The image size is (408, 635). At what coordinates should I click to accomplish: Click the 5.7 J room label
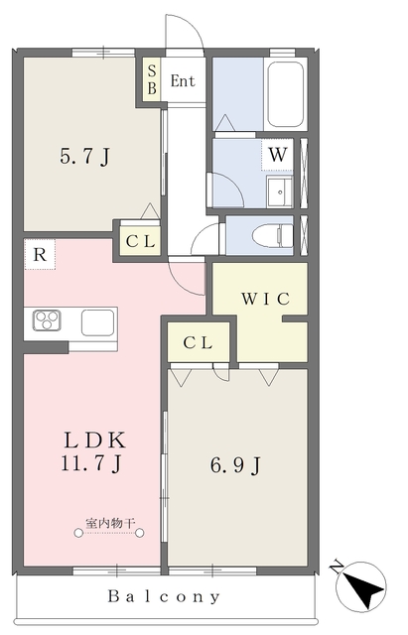[x=85, y=157]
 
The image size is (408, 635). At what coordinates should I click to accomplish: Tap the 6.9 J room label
[x=235, y=465]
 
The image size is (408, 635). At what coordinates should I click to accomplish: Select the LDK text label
[x=95, y=441]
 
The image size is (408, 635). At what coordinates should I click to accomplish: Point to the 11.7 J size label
[x=91, y=463]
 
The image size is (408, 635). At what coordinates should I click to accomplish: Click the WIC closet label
[x=266, y=299]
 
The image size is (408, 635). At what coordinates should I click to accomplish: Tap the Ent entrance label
[x=183, y=81]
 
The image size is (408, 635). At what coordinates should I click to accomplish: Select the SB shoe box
[x=152, y=79]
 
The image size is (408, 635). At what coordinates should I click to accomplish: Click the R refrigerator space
[x=40, y=254]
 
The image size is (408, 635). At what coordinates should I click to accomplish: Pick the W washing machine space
[x=278, y=155]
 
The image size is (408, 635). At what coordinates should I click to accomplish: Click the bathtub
[x=286, y=94]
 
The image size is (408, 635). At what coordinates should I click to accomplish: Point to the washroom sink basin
[x=279, y=191]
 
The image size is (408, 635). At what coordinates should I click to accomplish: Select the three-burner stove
[x=47, y=320]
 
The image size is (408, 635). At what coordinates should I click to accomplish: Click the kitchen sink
[x=97, y=322]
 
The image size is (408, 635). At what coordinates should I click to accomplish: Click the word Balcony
[x=164, y=596]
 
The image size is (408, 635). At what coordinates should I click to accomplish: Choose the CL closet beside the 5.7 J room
[x=140, y=241]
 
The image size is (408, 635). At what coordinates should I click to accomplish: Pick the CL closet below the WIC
[x=199, y=343]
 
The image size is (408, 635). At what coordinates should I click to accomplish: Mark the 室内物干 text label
[x=109, y=523]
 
